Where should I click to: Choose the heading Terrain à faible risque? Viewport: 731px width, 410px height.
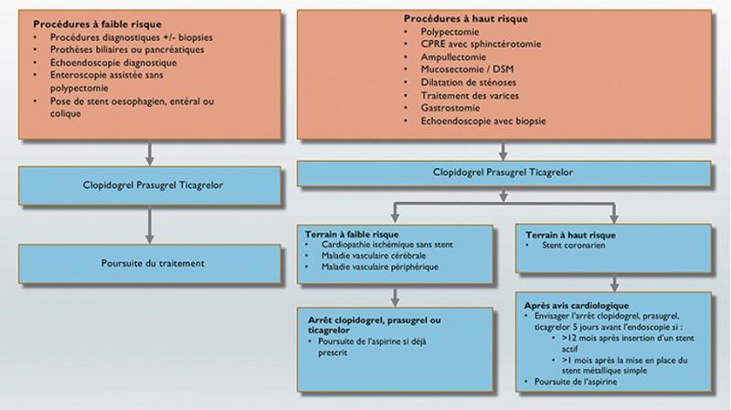[x=352, y=235]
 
